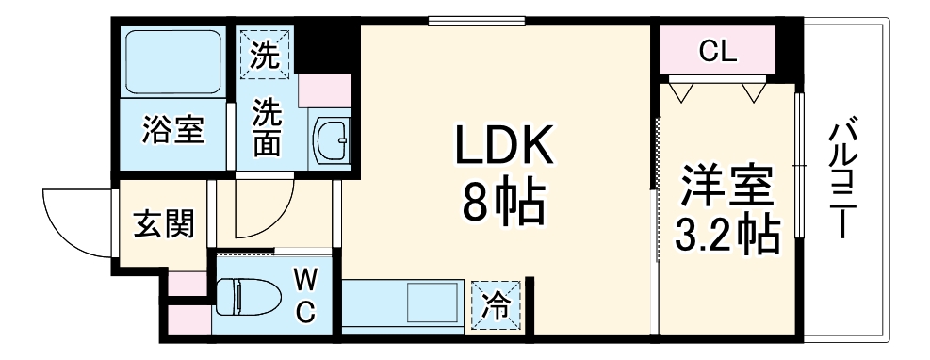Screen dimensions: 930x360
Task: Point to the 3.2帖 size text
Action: [727, 234]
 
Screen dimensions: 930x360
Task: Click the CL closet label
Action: [717, 53]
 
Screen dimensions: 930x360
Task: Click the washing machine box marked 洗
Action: [266, 54]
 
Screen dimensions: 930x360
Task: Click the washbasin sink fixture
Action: [332, 140]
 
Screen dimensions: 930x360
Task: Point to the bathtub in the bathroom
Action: [173, 61]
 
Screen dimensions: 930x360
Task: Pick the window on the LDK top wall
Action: [476, 22]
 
